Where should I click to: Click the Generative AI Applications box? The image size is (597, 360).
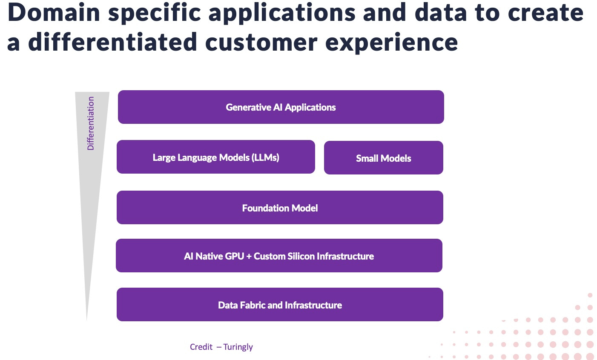click(x=281, y=107)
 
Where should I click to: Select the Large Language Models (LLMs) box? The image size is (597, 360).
click(x=215, y=157)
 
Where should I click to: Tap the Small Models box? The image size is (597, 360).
click(x=383, y=158)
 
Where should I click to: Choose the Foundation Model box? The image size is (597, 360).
click(x=280, y=208)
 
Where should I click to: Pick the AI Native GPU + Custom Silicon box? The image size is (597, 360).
click(x=279, y=256)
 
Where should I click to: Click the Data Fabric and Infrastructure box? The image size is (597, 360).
click(x=280, y=305)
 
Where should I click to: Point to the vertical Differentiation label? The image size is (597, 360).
click(x=91, y=123)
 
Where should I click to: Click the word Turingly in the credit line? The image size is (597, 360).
click(x=238, y=347)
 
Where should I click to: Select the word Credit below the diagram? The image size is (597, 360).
click(x=201, y=347)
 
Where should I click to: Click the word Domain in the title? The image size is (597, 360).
click(x=53, y=13)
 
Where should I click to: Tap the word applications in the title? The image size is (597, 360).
click(x=281, y=13)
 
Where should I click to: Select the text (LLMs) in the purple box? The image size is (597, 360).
click(x=265, y=157)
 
